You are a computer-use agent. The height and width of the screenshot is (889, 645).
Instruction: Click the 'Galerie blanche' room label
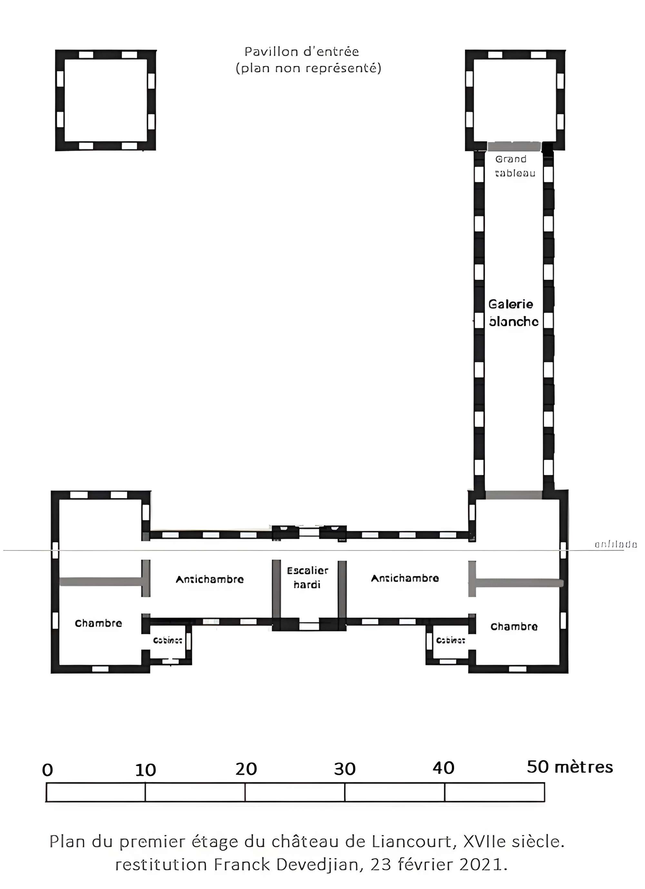(513, 313)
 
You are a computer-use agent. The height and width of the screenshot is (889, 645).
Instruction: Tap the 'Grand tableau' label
(514, 166)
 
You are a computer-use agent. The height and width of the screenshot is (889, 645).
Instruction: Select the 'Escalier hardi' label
(308, 577)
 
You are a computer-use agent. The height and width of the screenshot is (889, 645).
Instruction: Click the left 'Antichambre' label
(210, 579)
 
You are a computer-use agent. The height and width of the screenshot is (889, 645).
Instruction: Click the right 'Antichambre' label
(405, 578)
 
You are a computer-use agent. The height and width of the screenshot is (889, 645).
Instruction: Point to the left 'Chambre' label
(98, 623)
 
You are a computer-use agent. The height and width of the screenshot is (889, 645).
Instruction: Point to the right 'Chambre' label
(514, 626)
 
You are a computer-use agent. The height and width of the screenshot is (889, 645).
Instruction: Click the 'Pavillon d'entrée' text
(302, 52)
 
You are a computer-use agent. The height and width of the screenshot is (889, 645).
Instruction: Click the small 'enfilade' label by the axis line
(615, 544)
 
